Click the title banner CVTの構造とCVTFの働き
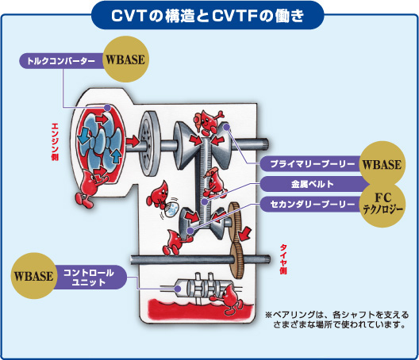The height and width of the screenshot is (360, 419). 207,16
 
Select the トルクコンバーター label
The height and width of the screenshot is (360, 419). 61,61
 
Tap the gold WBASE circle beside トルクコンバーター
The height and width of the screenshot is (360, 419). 125,59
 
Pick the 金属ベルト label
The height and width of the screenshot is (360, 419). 312,184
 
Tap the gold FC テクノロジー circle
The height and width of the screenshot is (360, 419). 382,205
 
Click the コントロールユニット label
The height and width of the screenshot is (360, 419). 89,278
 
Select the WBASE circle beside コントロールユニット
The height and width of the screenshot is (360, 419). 33,276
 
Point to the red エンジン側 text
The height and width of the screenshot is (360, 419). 55,142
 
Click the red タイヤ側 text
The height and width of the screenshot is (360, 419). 283,259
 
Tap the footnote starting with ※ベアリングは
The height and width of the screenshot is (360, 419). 336,320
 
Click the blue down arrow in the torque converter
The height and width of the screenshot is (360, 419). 84,136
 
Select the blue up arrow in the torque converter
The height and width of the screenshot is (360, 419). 116,155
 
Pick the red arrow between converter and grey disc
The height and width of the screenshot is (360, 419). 133,141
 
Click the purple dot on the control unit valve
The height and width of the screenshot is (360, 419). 178,289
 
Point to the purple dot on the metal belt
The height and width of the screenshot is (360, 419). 205,202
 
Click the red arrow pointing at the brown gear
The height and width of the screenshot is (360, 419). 245,233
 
